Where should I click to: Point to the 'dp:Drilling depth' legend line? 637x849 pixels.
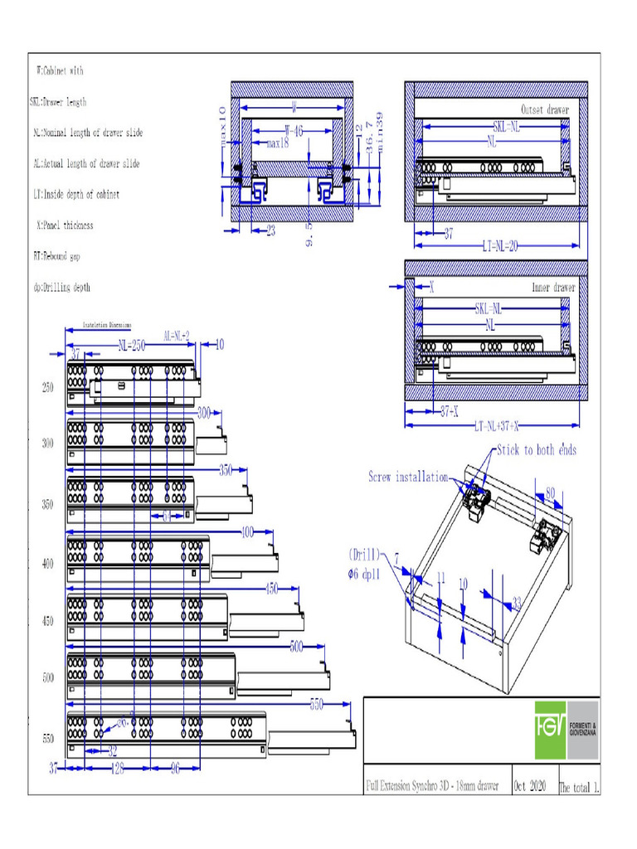click(61, 288)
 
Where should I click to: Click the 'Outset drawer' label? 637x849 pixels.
click(545, 109)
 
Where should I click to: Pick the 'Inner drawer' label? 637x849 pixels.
click(552, 288)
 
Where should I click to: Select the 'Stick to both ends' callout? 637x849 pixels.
click(536, 450)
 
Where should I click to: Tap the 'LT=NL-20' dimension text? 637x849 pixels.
click(499, 246)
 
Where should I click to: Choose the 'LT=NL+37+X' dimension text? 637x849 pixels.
click(498, 426)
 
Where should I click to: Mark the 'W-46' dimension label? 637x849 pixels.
click(294, 130)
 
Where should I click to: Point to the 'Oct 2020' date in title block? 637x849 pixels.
click(532, 785)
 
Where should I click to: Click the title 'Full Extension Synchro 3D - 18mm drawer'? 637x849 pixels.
click(432, 785)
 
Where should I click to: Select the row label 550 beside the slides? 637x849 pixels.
click(47, 738)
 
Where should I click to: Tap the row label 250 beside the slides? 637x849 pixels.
click(47, 387)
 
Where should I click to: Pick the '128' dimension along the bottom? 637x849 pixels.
click(118, 769)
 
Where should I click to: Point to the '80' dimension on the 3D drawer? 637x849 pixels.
click(549, 492)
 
